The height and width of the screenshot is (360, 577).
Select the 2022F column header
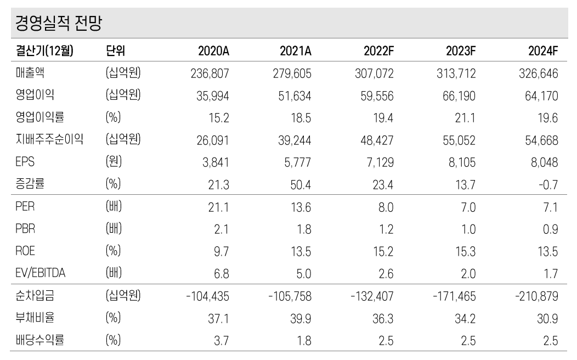click(x=378, y=52)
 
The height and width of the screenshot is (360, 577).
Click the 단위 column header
click(x=115, y=52)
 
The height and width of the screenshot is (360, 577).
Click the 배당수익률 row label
click(x=39, y=341)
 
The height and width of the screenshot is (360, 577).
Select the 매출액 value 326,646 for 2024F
click(x=538, y=74)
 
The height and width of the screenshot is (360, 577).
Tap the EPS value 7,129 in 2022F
click(x=378, y=162)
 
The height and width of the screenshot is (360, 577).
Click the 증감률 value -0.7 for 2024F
click(x=548, y=185)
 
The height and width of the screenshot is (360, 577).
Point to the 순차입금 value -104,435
click(x=207, y=297)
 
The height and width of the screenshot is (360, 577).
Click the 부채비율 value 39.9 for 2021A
click(x=301, y=319)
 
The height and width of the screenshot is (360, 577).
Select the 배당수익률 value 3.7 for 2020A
click(x=222, y=341)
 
